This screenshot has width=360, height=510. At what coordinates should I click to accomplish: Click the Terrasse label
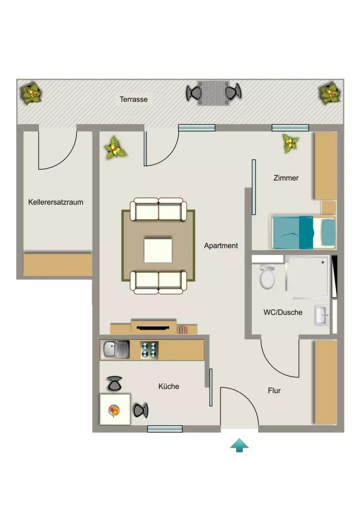tap(133, 99)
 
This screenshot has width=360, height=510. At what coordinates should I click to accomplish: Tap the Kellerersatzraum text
tap(56, 202)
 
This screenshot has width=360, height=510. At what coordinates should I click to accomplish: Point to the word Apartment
tap(221, 246)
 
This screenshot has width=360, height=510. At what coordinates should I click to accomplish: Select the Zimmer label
tap(286, 178)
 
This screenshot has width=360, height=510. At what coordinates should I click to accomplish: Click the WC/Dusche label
tap(283, 312)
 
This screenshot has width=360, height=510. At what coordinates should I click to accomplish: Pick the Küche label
tap(168, 386)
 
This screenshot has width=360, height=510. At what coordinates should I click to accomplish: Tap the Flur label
tap(274, 390)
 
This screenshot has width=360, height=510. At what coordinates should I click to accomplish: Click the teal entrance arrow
tap(240, 445)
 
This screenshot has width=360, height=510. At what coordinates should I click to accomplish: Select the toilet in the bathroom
tap(267, 277)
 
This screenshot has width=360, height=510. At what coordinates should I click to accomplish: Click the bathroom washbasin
tap(322, 315)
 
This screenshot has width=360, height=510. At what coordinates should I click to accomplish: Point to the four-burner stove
tap(149, 350)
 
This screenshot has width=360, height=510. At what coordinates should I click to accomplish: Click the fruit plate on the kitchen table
tap(114, 410)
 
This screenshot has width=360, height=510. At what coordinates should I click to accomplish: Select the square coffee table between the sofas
tap(158, 250)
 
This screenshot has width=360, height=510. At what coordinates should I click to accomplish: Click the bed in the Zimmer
tap(303, 232)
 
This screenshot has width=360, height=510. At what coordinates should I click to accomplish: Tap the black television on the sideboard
tap(153, 328)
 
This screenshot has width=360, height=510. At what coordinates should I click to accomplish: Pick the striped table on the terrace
tap(213, 93)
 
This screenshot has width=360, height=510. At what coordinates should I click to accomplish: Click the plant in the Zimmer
tap(290, 143)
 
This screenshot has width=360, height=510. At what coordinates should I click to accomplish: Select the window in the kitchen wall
tap(165, 429)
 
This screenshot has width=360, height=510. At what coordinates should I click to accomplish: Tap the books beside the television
tap(182, 330)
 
